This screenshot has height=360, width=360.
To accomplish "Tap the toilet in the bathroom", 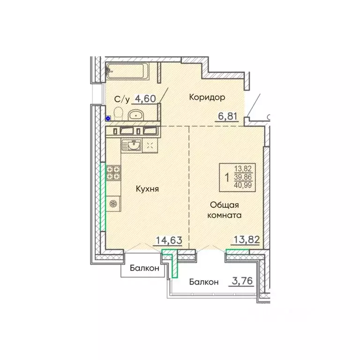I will coord(118,112).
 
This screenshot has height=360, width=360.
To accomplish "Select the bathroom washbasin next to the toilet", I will coord(136,114).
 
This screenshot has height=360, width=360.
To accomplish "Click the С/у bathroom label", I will coord(122,99).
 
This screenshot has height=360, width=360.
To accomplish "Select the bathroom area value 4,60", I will coord(144,98).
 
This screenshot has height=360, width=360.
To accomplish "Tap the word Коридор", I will coord(207,97).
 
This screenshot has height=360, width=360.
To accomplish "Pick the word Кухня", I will coord(147,189).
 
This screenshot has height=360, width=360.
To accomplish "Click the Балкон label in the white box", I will coord(144,269).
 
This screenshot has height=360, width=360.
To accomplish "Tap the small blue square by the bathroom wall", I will coord(108,119).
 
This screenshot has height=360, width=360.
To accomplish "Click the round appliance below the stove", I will coord(113,203).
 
